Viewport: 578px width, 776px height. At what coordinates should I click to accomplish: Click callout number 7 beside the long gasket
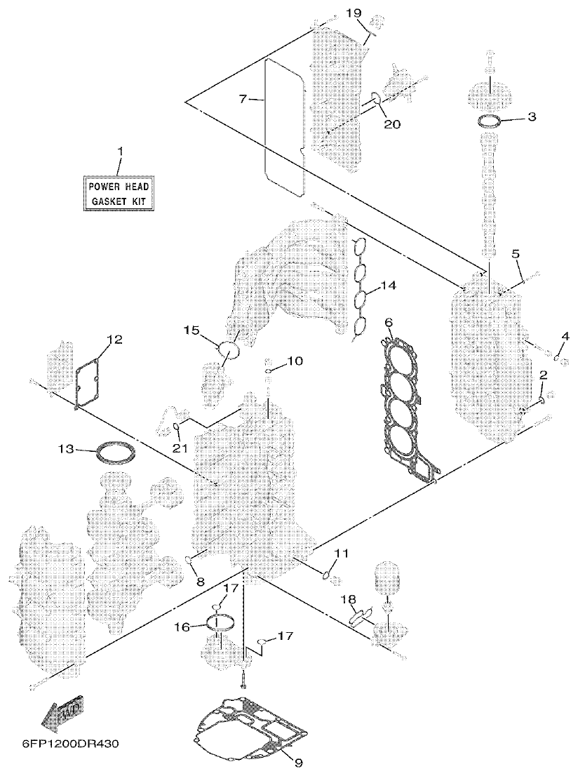243,99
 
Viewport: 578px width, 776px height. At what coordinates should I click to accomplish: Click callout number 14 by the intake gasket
388,286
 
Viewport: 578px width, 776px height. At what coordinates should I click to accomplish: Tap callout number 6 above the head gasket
389,323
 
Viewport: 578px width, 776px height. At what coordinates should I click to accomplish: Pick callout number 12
114,340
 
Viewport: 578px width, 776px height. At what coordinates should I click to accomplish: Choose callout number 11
341,554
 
